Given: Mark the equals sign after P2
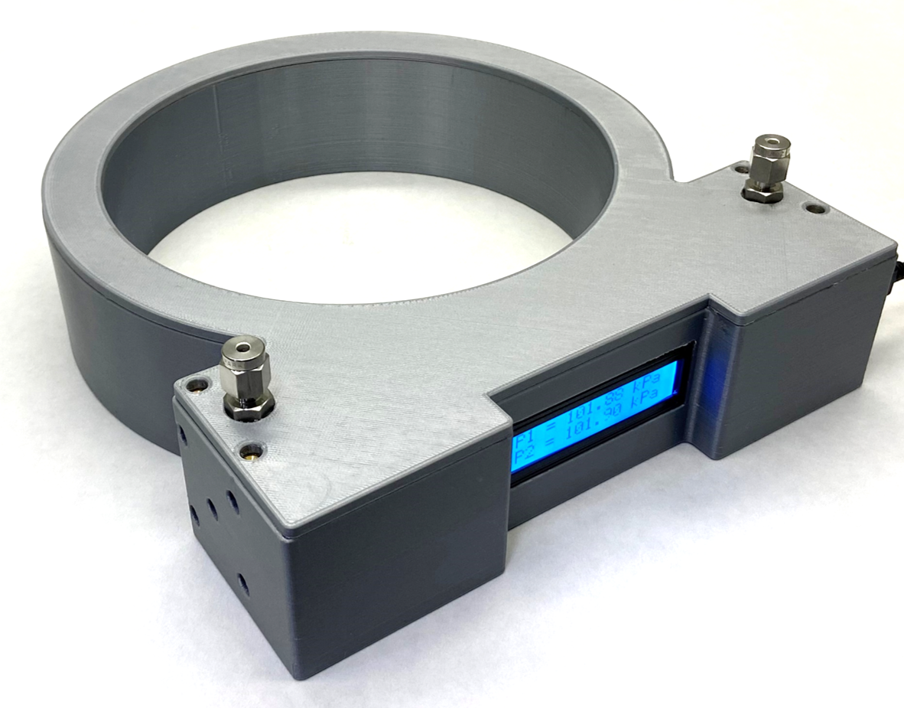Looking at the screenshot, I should [548, 452].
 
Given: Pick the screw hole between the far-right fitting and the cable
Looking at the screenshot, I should [815, 207].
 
